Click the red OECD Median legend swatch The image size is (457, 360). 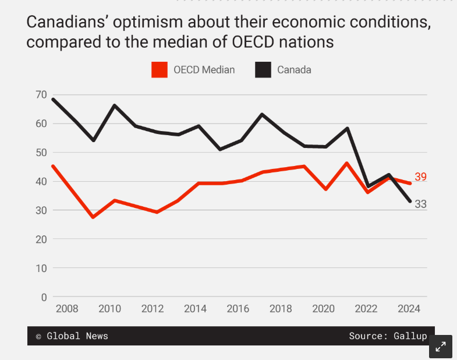coord(160,70)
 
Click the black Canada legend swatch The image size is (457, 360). coord(264,70)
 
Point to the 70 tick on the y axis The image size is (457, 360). coord(41,94)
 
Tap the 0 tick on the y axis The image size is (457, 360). coord(44,297)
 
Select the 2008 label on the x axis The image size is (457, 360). coord(67,309)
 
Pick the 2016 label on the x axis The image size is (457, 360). coord(237,309)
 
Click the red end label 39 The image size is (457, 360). coord(421,177)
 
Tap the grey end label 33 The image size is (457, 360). coord(421,204)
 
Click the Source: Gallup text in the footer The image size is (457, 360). coord(388,336)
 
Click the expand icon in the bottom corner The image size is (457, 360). coord(441,347)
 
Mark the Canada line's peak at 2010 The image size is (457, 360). coord(115,105)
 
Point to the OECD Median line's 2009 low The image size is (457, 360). coord(93,217)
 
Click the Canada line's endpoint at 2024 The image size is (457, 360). coord(410,201)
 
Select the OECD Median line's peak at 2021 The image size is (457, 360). coord(347,163)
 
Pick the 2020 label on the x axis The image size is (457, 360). coord(323,309)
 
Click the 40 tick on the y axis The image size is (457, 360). coord(41,181)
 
